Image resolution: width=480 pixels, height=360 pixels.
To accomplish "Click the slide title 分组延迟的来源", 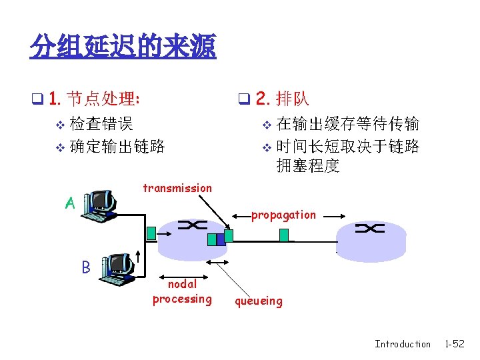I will [x=123, y=47].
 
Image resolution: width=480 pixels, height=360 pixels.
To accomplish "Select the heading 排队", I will [x=292, y=99].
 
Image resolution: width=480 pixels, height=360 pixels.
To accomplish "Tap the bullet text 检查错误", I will [x=101, y=123].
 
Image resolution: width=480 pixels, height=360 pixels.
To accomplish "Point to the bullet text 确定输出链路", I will [x=117, y=145].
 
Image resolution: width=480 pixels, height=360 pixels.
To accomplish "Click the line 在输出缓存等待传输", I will [x=347, y=123].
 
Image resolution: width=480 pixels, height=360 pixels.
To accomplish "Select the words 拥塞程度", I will [x=308, y=167].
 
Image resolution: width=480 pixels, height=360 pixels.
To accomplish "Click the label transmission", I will [x=177, y=188].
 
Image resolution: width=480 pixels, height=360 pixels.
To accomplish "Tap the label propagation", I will [x=283, y=215].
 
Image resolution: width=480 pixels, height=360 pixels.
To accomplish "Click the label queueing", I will [x=258, y=301].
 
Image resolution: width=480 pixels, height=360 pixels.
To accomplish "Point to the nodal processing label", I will [x=182, y=291].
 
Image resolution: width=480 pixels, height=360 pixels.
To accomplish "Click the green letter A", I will [x=69, y=203].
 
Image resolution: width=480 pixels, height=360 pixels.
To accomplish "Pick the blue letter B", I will [x=85, y=267].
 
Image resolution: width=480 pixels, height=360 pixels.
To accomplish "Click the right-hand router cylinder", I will [x=371, y=238].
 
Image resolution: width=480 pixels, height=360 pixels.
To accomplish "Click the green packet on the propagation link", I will [x=284, y=234].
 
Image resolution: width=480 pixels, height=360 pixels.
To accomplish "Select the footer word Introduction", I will [x=403, y=344].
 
